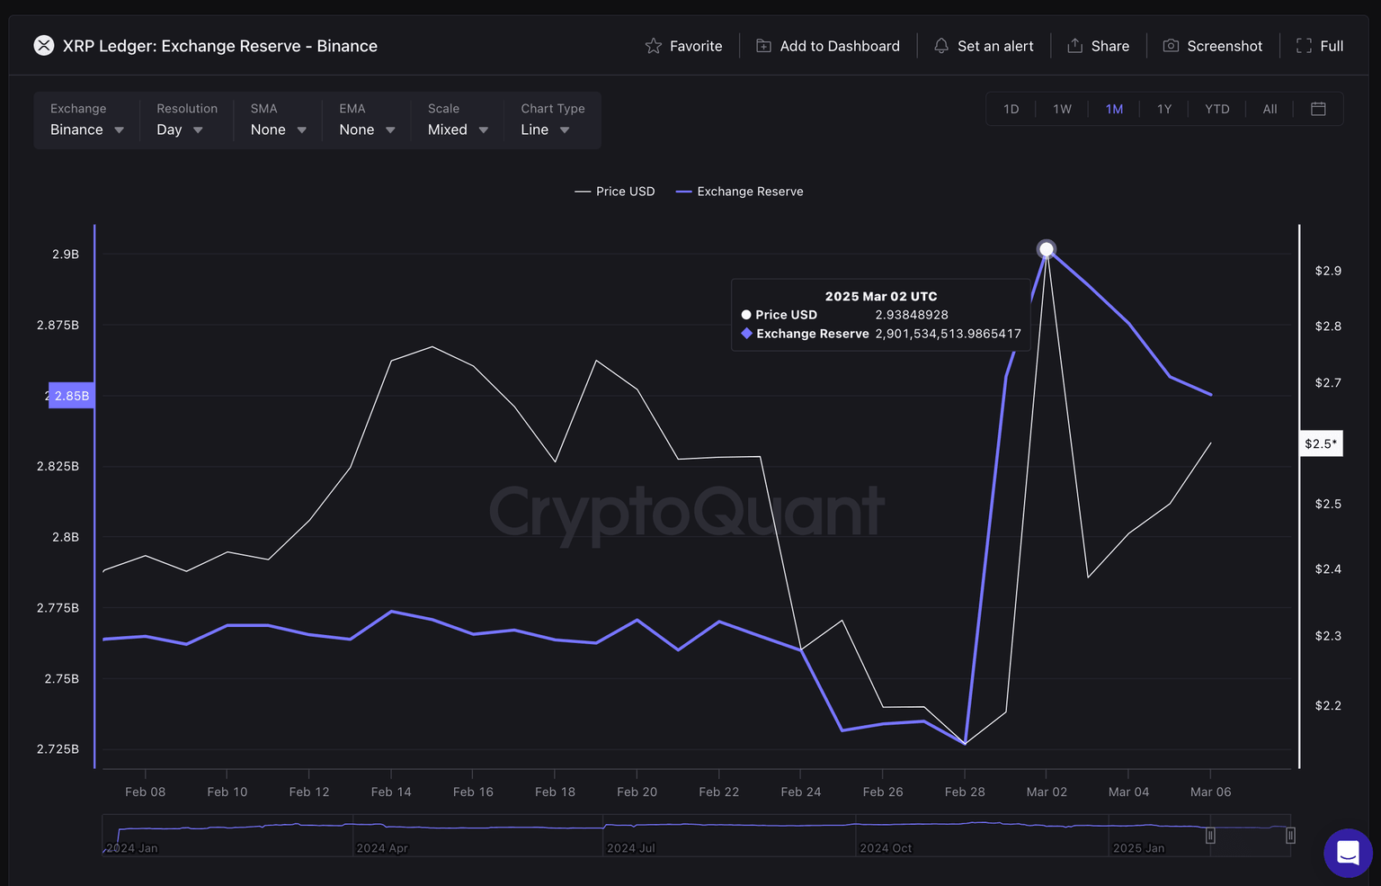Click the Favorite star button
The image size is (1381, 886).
[683, 46]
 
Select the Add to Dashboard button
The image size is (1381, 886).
[827, 46]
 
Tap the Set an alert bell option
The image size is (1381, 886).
[984, 46]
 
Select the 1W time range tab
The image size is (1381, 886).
[1062, 109]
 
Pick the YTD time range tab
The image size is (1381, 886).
[1216, 109]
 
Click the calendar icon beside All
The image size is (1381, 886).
[1318, 109]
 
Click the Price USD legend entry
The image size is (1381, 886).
[615, 192]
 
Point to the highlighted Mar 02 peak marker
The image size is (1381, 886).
[1047, 249]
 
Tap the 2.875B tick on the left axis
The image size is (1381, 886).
[58, 325]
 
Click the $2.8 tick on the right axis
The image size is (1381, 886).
[1328, 327]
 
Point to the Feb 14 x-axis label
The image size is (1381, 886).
[391, 792]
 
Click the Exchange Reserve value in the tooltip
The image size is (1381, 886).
[948, 334]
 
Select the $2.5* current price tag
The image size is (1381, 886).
[1321, 443]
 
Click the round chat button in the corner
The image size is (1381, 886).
[1348, 853]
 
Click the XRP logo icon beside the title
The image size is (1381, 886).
[44, 45]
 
